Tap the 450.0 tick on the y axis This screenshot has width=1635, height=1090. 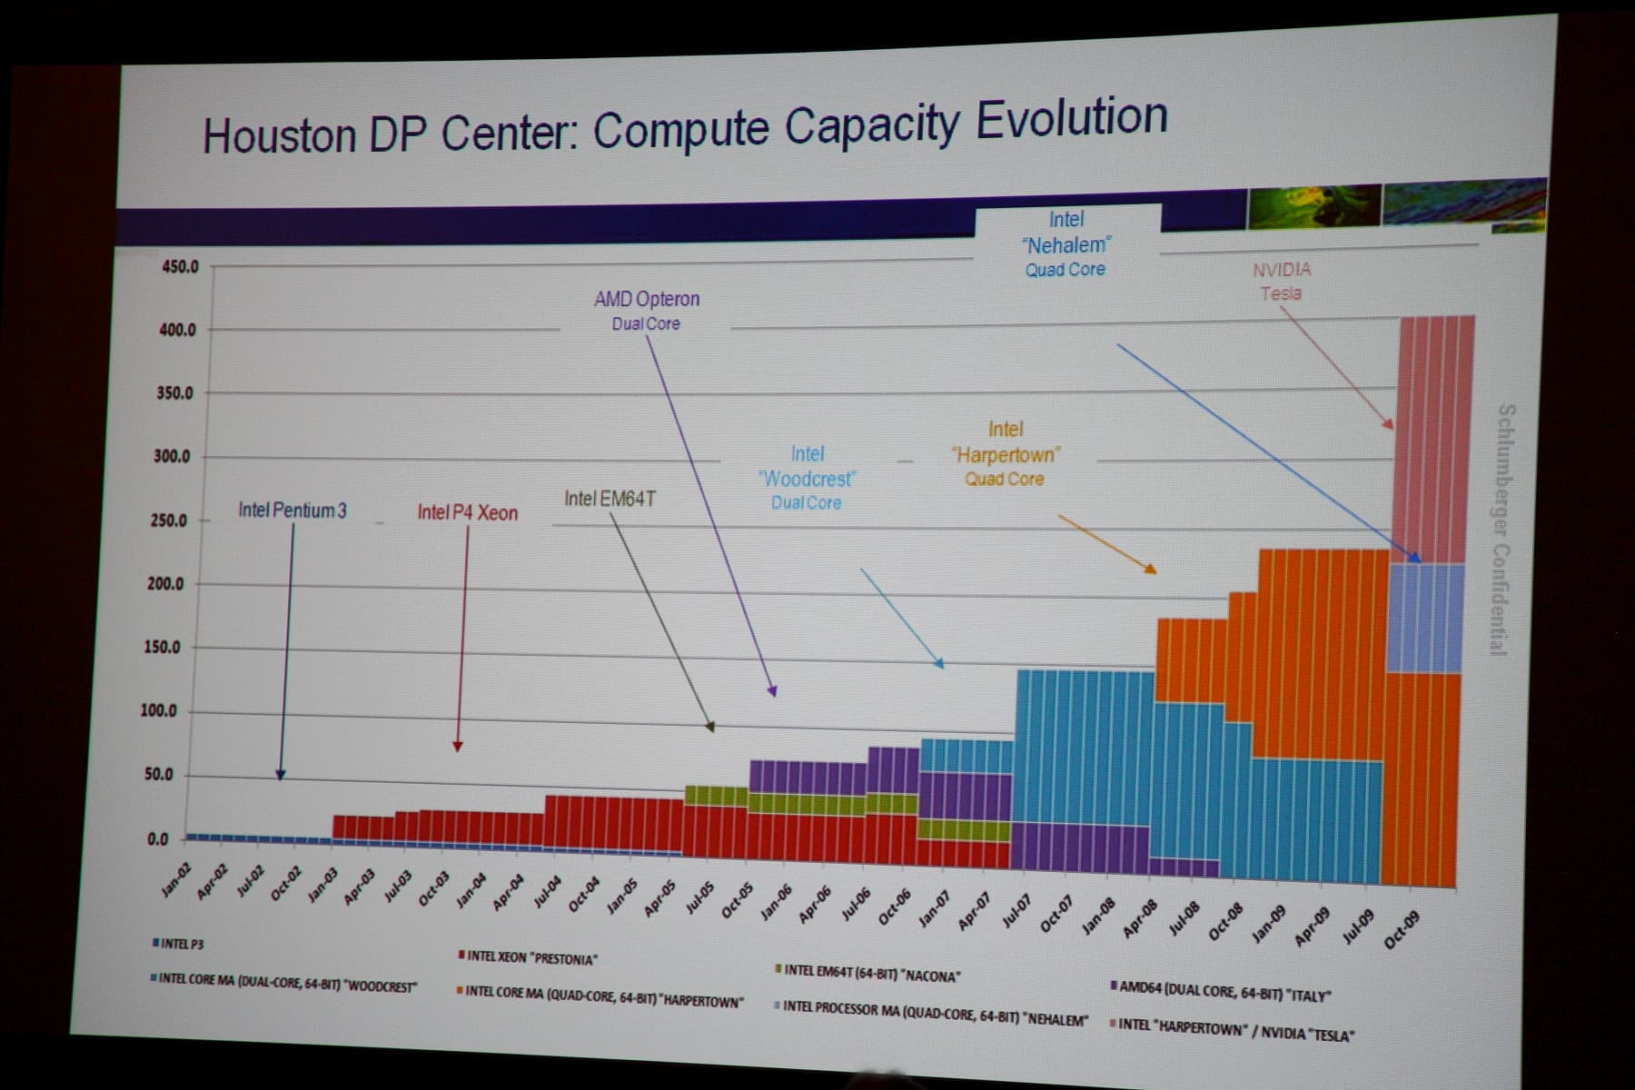coord(180,267)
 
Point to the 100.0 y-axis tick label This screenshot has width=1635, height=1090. coord(158,710)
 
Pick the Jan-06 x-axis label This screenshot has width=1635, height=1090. coord(776,903)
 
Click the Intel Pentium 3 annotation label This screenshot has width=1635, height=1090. coord(292,510)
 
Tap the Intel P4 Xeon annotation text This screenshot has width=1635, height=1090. coord(467,513)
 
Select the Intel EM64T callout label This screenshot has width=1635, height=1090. coord(609,499)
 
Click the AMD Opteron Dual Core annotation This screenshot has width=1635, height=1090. coord(647,310)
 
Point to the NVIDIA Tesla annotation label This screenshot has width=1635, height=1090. coord(1281,281)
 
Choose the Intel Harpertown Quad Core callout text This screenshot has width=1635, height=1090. coord(1006,453)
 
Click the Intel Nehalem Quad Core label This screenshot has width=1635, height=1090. coord(1066,243)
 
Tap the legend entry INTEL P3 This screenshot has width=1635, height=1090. coord(179,944)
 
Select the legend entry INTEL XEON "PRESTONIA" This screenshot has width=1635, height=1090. coord(527,957)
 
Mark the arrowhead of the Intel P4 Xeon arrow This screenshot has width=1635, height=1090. coord(458,747)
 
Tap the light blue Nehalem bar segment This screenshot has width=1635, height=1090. coord(1426,618)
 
